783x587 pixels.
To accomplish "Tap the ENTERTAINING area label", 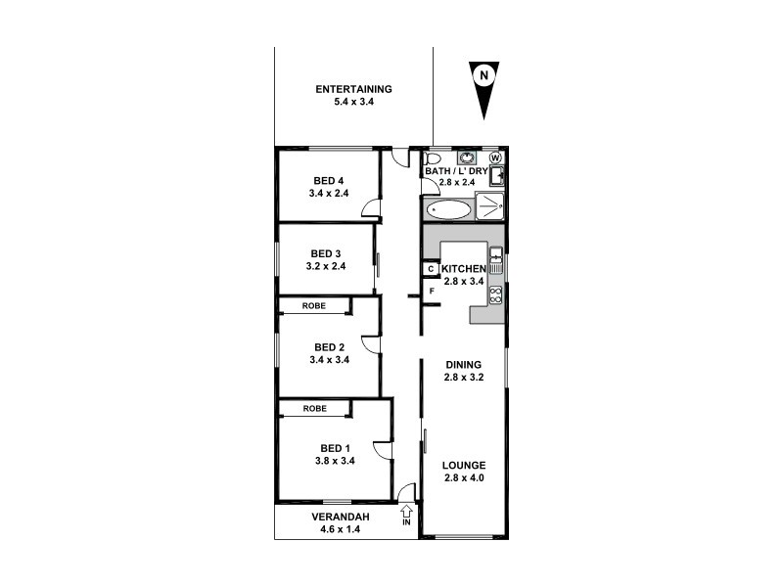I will pyautogui.click(x=353, y=89).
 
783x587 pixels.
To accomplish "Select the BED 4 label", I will pyautogui.click(x=329, y=180).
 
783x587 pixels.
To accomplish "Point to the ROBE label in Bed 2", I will pyautogui.click(x=313, y=306).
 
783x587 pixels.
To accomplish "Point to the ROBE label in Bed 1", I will pyautogui.click(x=313, y=408).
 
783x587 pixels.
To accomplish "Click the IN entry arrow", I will pyautogui.click(x=407, y=511).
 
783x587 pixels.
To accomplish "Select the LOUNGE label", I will pyautogui.click(x=464, y=465).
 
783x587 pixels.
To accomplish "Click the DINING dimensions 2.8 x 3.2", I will pyautogui.click(x=464, y=376).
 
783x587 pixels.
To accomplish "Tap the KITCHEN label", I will pyautogui.click(x=463, y=269).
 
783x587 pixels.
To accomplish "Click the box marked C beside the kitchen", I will pyautogui.click(x=430, y=269).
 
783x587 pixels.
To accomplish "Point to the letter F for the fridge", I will pyautogui.click(x=431, y=291).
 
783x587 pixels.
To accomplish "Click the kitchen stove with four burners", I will pyautogui.click(x=495, y=293).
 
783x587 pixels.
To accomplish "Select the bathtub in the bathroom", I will pyautogui.click(x=447, y=208).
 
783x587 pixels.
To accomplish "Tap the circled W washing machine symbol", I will pyautogui.click(x=495, y=158).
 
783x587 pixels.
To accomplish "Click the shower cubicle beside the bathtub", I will pyautogui.click(x=489, y=206).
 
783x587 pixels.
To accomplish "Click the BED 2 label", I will pyautogui.click(x=329, y=346).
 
